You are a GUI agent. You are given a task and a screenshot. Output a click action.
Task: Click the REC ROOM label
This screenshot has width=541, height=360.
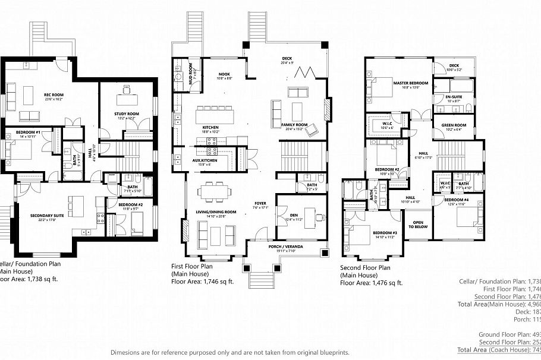point(54,95)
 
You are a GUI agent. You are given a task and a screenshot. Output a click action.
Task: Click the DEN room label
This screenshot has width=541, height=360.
point(294,215)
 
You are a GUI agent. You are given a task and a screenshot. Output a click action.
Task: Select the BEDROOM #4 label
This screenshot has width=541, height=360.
point(459,200)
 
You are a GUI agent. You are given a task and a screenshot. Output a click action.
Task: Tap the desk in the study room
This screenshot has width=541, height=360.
point(126,91)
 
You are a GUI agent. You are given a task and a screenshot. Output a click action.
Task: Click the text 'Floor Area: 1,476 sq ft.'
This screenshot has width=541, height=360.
point(371,283)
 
